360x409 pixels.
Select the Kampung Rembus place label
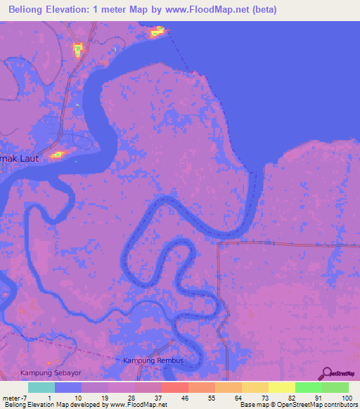[153, 361]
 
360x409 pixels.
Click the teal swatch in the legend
[41, 387]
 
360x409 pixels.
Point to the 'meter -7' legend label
[14, 398]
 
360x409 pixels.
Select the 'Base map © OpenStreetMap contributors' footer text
[298, 405]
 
